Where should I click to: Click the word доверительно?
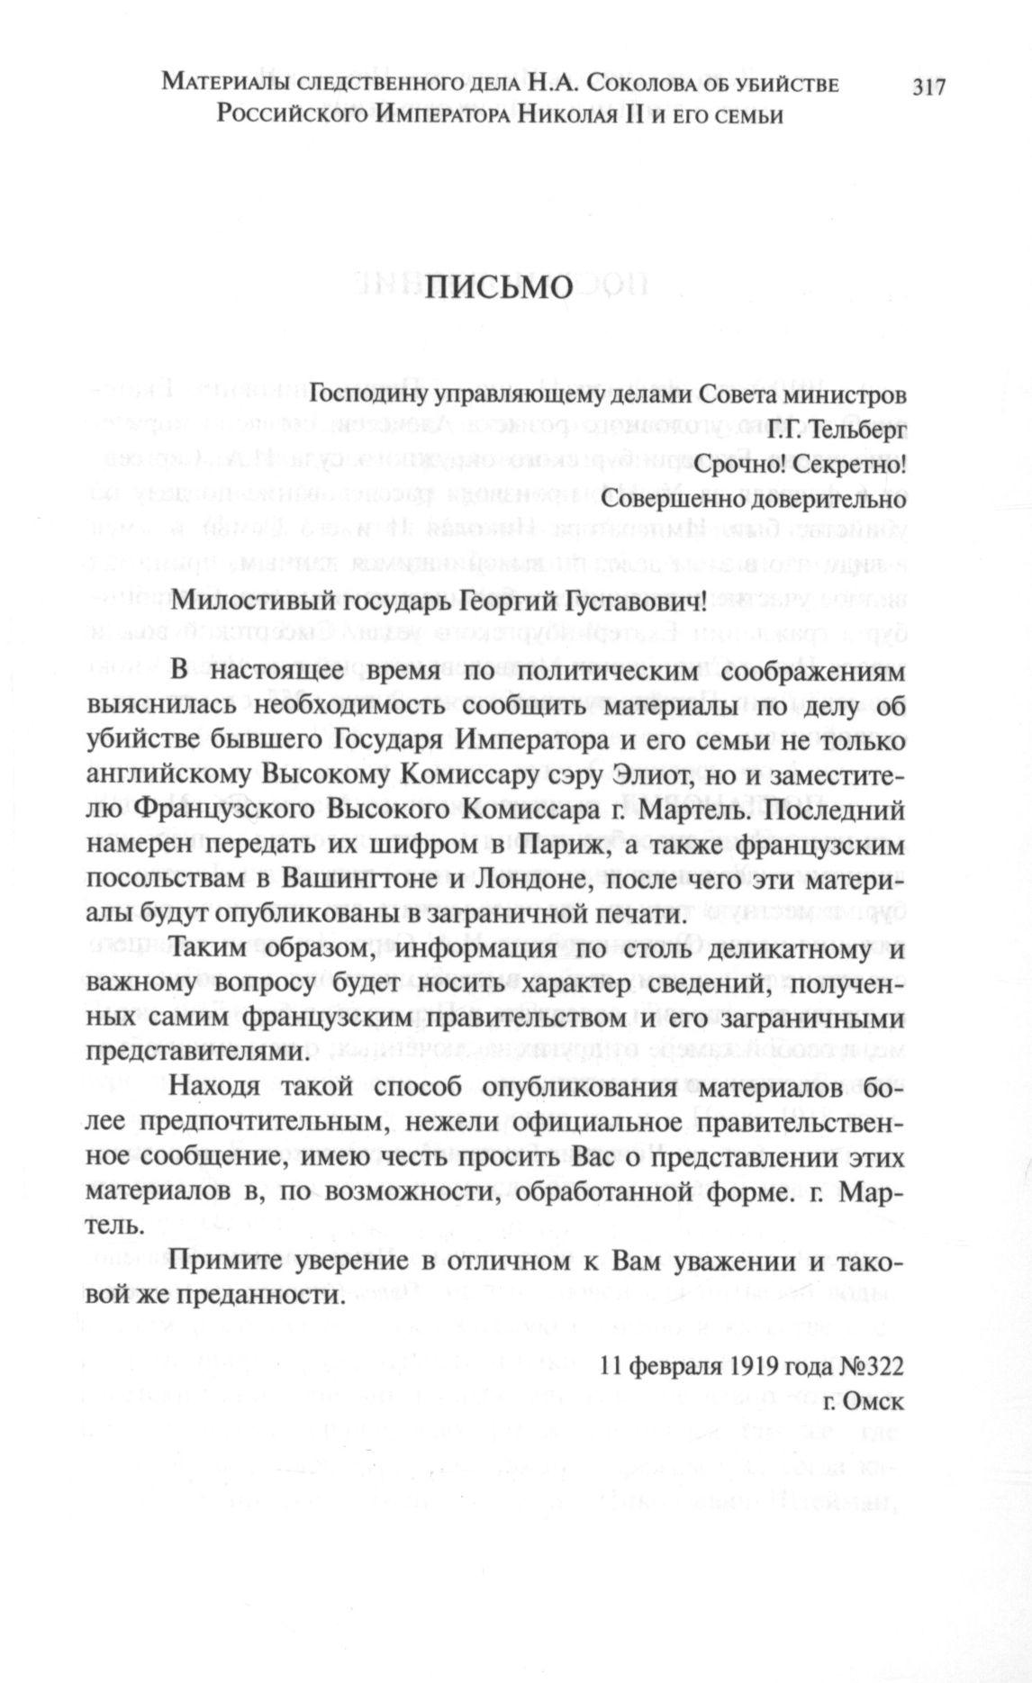pos(820,497)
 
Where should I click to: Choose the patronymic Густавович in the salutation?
pos(620,602)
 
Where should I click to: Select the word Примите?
pos(226,1261)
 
